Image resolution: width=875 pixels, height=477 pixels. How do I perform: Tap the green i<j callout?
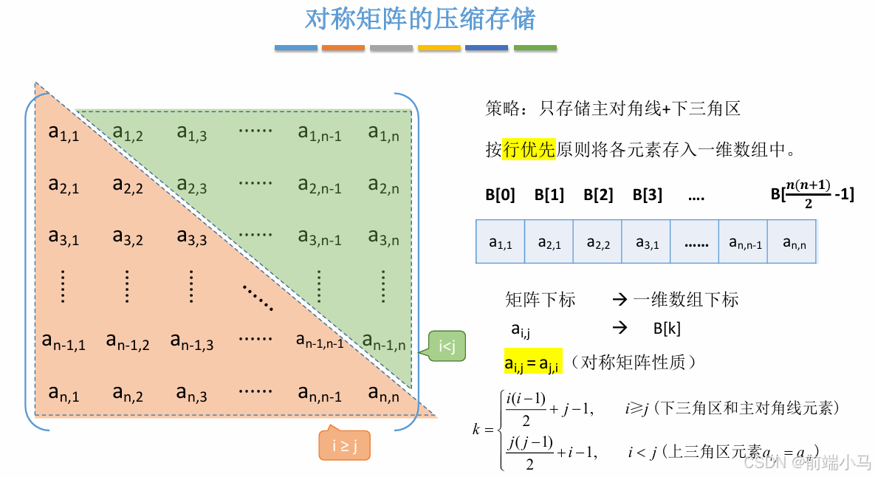click(x=447, y=346)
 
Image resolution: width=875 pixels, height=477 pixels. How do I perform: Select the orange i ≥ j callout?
click(x=344, y=445)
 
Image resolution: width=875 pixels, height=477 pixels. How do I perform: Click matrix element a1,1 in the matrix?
click(x=64, y=133)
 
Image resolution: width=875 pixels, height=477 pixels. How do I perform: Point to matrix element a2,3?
click(x=192, y=185)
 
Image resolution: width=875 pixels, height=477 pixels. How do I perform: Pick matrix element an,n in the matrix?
click(x=384, y=393)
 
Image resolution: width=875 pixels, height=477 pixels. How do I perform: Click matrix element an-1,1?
click(x=64, y=341)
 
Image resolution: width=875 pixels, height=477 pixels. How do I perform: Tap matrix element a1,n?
click(x=384, y=133)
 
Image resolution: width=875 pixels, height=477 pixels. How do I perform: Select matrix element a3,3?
click(x=192, y=237)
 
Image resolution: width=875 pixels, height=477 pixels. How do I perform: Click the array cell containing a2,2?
click(x=598, y=241)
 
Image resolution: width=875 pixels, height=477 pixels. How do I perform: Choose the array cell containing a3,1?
click(x=646, y=241)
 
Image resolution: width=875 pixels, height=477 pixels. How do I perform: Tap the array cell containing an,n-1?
click(x=744, y=241)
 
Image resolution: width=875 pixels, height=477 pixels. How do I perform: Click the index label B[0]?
click(x=501, y=195)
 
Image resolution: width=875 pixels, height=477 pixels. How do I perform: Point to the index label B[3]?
click(x=648, y=195)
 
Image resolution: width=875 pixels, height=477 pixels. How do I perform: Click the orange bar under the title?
click(x=343, y=48)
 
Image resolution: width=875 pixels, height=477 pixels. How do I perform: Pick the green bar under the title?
click(x=535, y=48)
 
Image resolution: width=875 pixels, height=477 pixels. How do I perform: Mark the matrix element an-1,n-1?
click(x=320, y=341)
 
